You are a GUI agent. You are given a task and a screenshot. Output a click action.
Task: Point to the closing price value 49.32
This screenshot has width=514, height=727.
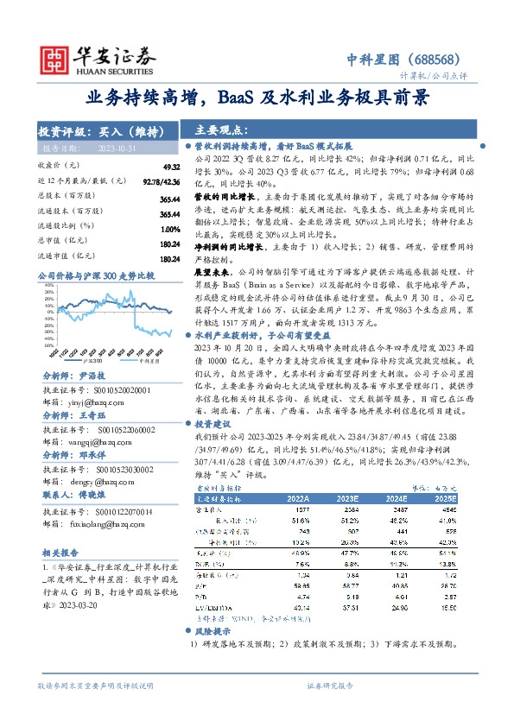(x=170, y=167)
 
